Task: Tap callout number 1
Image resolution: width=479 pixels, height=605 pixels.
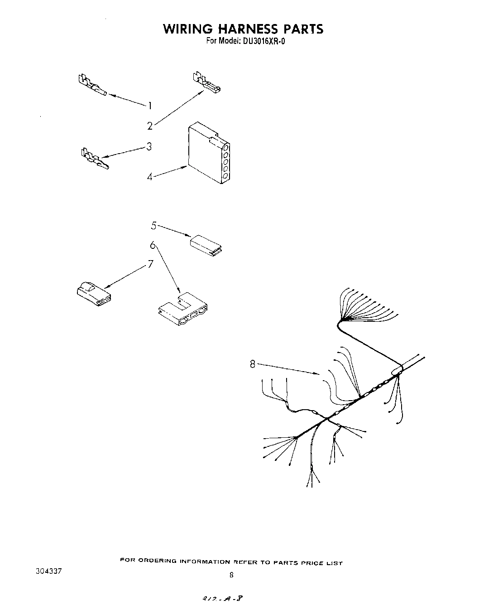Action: pos(150,106)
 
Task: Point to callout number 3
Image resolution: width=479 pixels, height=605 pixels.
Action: pos(148,146)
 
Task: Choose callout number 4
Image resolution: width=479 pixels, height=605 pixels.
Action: pos(149,177)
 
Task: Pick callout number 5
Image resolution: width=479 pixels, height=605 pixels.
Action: pos(154,225)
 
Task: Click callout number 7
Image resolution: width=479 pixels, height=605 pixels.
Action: pos(151,264)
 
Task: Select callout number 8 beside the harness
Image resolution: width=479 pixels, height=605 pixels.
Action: pos(253,363)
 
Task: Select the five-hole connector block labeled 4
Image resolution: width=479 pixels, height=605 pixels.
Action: pos(208,153)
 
